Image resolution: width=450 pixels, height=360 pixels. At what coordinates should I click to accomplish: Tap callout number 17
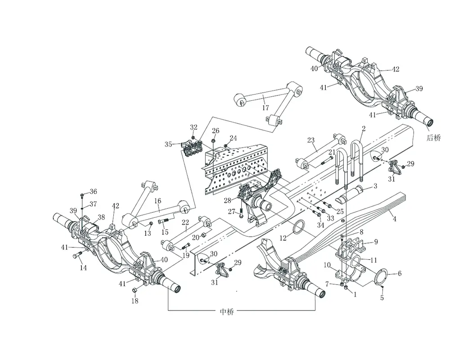(265, 108)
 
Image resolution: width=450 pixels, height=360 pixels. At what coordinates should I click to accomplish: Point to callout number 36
(93, 192)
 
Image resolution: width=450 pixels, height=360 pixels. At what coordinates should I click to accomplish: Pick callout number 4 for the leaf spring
(394, 219)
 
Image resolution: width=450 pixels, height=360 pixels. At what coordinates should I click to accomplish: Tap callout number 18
(135, 301)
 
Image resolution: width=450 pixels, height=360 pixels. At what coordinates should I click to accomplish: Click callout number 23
(310, 140)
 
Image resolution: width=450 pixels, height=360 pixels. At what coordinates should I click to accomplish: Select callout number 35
(168, 144)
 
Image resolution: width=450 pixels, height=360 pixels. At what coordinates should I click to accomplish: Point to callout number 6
(399, 273)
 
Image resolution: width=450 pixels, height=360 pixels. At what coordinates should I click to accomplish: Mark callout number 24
(233, 138)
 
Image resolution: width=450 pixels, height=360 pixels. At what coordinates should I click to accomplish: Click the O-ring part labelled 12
(298, 229)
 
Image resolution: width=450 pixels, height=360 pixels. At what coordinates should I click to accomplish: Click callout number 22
(185, 222)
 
